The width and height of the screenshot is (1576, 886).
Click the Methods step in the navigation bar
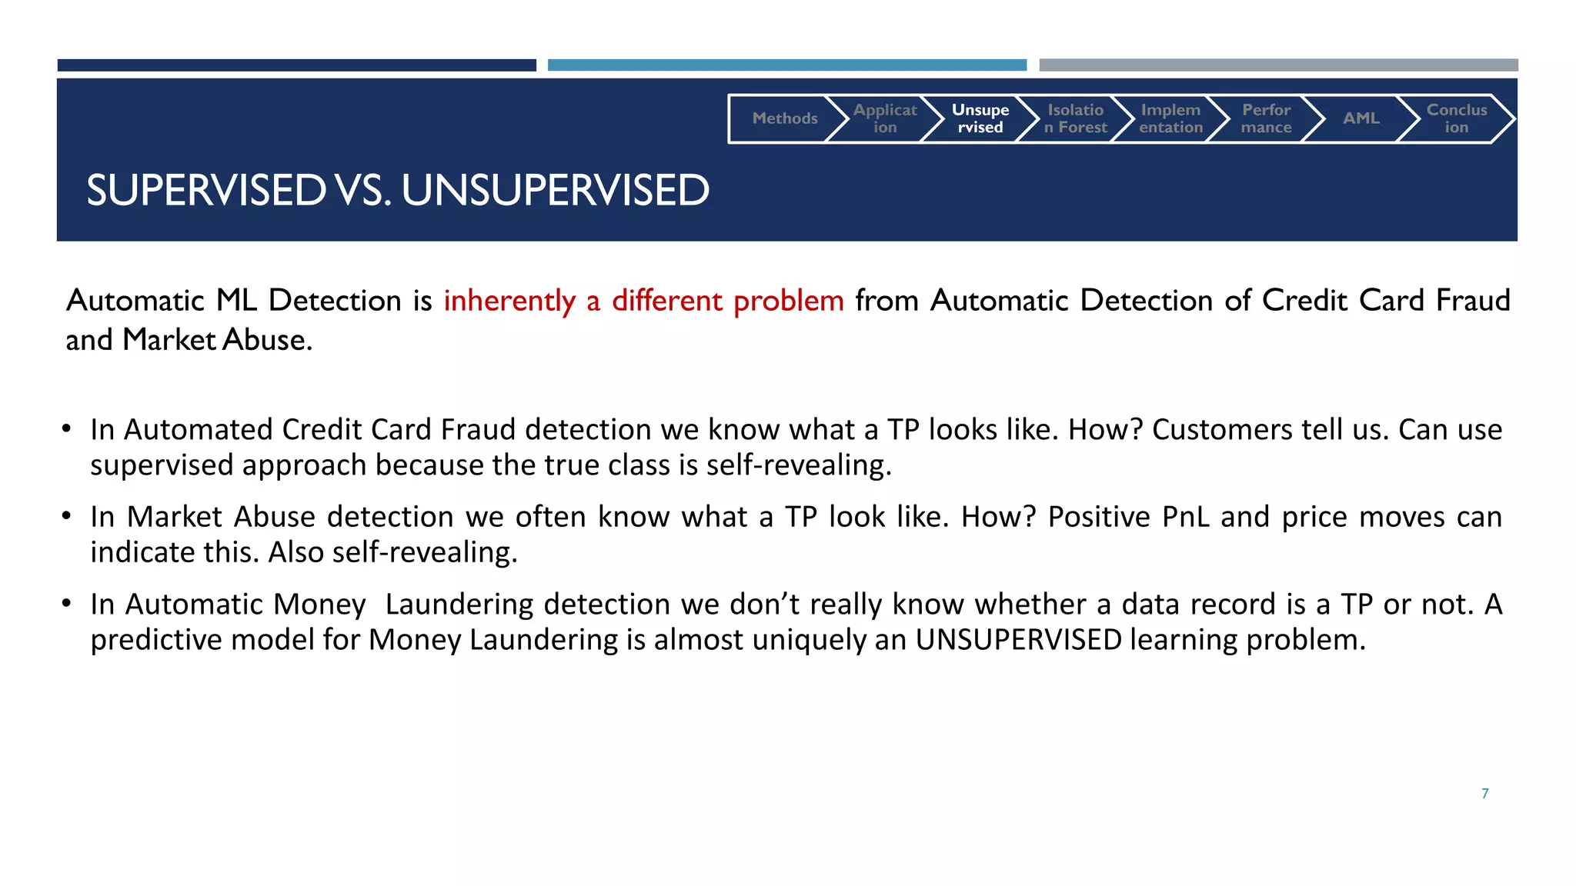click(784, 118)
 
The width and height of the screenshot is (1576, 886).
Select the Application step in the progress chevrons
click(885, 118)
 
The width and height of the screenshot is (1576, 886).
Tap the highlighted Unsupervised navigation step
click(980, 118)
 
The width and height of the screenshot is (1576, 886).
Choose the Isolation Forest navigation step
click(1075, 118)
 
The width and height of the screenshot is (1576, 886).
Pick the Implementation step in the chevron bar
click(1170, 118)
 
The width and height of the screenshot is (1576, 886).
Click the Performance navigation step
click(1266, 118)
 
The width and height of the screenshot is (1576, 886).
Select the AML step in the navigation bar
click(1361, 118)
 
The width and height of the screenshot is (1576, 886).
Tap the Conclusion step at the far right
click(1456, 118)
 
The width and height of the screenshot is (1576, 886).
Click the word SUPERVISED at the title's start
click(206, 190)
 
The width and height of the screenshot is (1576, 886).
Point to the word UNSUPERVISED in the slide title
click(555, 190)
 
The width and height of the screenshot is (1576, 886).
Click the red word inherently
click(509, 301)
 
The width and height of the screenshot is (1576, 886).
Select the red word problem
click(788, 301)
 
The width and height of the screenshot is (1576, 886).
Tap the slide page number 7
click(1484, 794)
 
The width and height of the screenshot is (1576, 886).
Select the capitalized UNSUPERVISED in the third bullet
click(1018, 640)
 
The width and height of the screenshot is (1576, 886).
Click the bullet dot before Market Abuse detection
click(67, 515)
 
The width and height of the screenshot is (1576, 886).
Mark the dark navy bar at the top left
click(296, 65)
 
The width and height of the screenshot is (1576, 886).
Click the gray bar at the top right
click(1278, 65)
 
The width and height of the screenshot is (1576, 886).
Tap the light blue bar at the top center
click(786, 65)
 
